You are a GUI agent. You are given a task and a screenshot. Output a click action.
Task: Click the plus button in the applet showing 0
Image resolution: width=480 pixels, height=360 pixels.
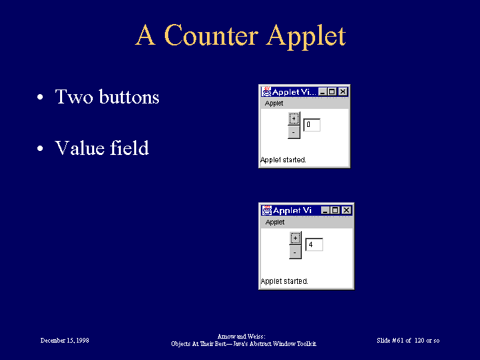pyautogui.click(x=294, y=119)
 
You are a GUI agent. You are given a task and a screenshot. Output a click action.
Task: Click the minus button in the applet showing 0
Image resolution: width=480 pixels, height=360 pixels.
pyautogui.click(x=294, y=132)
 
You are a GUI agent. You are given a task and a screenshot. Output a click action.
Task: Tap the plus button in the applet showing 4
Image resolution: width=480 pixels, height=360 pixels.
pyautogui.click(x=295, y=238)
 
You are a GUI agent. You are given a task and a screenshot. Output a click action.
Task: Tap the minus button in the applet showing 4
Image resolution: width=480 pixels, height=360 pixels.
pyautogui.click(x=295, y=252)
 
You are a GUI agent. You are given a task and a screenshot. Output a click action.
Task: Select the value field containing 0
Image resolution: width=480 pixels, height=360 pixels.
pyautogui.click(x=312, y=125)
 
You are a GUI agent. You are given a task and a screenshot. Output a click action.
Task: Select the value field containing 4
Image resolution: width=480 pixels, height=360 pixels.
pyautogui.click(x=314, y=244)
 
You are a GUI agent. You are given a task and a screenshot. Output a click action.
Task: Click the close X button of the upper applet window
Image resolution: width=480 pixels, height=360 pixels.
pyautogui.click(x=343, y=92)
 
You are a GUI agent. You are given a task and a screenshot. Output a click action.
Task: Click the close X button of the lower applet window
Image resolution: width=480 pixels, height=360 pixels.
pyautogui.click(x=346, y=210)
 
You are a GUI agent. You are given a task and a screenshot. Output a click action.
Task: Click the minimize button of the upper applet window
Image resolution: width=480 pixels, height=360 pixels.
pyautogui.click(x=322, y=92)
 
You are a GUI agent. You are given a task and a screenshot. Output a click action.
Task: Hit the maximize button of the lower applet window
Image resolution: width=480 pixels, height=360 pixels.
pyautogui.click(x=336, y=210)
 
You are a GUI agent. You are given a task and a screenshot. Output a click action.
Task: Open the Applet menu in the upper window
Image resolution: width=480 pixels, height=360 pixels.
pyautogui.click(x=274, y=104)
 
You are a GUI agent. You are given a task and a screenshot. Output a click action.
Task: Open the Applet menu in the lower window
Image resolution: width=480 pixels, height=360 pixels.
pyautogui.click(x=275, y=222)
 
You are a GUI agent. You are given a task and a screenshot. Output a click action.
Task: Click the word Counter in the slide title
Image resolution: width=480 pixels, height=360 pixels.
pyautogui.click(x=211, y=35)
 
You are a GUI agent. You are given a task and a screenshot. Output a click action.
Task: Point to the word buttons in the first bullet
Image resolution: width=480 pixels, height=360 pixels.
pyautogui.click(x=129, y=96)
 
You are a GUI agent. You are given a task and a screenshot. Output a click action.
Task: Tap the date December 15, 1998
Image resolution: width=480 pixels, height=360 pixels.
pyautogui.click(x=65, y=341)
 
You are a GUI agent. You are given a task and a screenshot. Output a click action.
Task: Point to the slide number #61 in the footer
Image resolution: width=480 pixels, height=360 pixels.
pyautogui.click(x=398, y=341)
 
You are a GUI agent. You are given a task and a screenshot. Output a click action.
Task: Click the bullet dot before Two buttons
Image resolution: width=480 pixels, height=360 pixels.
pyautogui.click(x=40, y=97)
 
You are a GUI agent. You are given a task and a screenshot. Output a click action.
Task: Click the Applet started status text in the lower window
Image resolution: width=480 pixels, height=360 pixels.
pyautogui.click(x=284, y=281)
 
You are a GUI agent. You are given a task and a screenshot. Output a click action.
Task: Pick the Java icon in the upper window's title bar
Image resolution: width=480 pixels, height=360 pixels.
pyautogui.click(x=266, y=92)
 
